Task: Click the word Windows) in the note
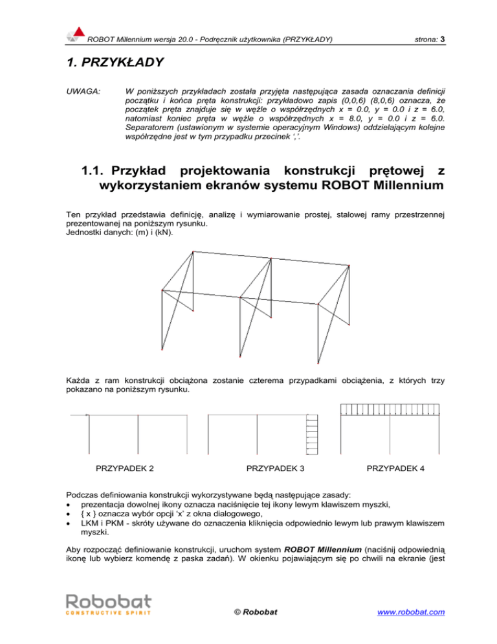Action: click(x=318, y=135)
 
